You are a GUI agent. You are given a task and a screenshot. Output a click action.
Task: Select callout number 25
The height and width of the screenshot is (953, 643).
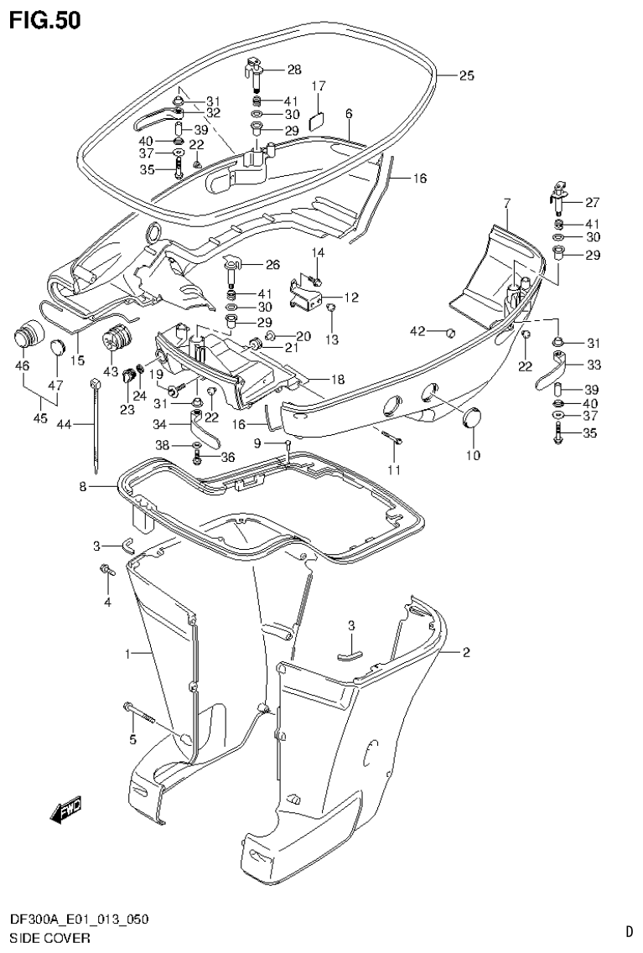466,75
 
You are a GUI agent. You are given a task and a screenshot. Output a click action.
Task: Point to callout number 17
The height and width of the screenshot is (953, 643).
319,86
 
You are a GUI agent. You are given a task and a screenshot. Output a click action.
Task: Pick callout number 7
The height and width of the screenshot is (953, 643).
506,203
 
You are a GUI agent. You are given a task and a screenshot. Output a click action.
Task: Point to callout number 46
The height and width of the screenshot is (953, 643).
22,365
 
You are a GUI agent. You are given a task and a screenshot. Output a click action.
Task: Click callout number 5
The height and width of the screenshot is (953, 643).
131,738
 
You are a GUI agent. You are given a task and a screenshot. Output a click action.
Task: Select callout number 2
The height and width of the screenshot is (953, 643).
466,652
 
